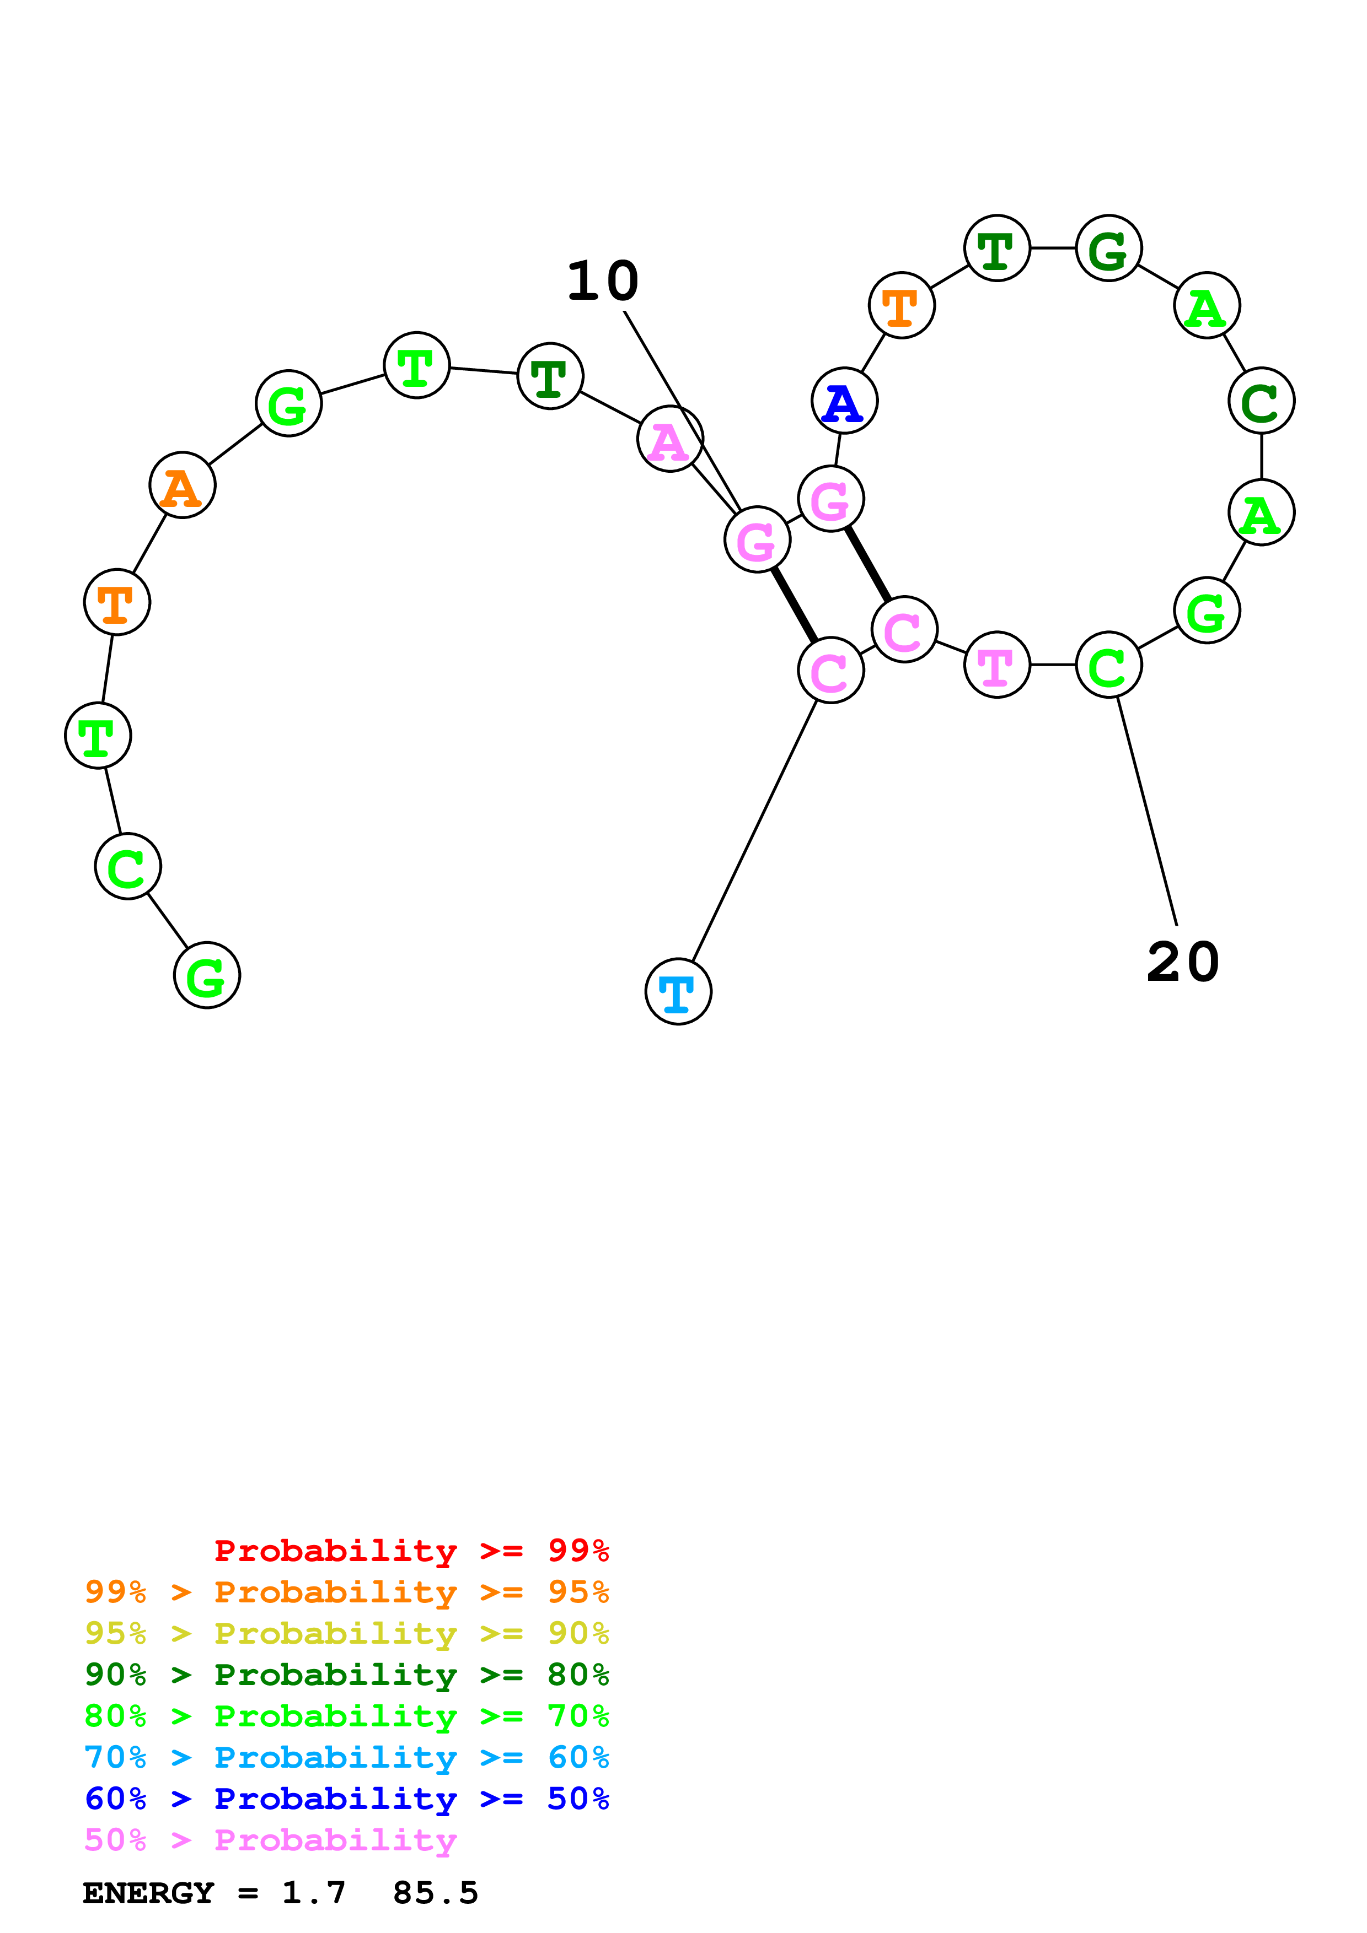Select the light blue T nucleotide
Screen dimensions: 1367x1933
click(x=678, y=992)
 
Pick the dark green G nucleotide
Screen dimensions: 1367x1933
click(x=1108, y=249)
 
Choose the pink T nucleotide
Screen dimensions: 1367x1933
click(x=996, y=665)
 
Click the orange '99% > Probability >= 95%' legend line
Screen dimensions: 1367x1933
click(x=346, y=1592)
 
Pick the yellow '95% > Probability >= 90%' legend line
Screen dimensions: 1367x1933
click(x=346, y=1633)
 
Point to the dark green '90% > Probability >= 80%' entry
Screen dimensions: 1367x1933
click(x=346, y=1675)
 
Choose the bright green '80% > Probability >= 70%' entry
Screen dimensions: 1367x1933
click(x=346, y=1716)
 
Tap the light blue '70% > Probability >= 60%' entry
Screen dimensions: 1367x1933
click(x=346, y=1757)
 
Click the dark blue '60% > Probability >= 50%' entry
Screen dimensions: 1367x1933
click(x=346, y=1799)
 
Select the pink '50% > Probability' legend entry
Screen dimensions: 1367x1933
click(x=270, y=1839)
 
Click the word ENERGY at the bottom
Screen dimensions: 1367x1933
click(x=148, y=1893)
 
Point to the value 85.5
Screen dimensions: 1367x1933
click(x=436, y=1893)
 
